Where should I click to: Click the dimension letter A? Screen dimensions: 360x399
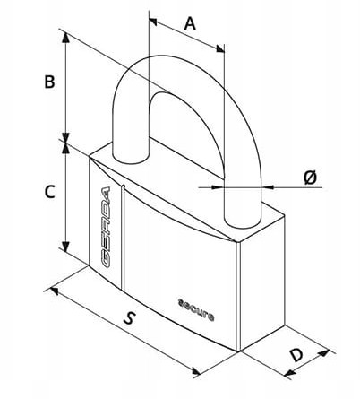pyautogui.click(x=190, y=24)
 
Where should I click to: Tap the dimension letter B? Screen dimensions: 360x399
pyautogui.click(x=49, y=82)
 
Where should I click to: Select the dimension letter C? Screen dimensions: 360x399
pyautogui.click(x=49, y=192)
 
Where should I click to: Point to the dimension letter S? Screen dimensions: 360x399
pyautogui.click(x=129, y=317)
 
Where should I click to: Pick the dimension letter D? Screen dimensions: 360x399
pyautogui.click(x=297, y=355)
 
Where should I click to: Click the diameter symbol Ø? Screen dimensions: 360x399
pyautogui.click(x=310, y=178)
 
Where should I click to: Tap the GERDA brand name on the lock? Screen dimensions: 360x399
pyautogui.click(x=106, y=227)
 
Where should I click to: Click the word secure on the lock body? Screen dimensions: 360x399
pyautogui.click(x=196, y=309)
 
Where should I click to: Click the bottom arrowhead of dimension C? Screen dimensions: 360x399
pyautogui.click(x=65, y=246)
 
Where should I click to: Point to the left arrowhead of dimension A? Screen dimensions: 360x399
pyautogui.click(x=153, y=22)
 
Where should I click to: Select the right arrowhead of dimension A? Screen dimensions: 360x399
pyautogui.click(x=220, y=48)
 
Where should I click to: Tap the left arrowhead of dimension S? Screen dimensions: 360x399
pyautogui.click(x=55, y=291)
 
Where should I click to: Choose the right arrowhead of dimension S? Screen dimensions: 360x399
pyautogui.click(x=196, y=371)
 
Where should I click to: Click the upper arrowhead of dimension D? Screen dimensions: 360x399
pyautogui.click(x=324, y=353)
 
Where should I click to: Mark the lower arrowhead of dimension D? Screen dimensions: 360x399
pyautogui.click(x=289, y=372)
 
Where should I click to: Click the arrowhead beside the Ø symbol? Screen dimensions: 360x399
pyautogui.click(x=268, y=187)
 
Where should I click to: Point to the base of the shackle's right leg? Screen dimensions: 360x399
pyautogui.click(x=243, y=221)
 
